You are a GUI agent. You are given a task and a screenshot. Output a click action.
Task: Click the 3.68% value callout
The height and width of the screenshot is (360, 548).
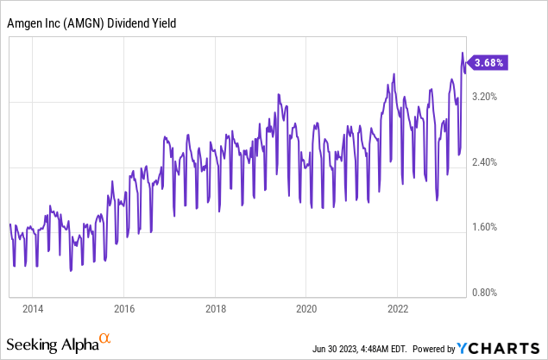489,62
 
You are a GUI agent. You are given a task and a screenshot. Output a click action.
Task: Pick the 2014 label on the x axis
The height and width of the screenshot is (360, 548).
33,308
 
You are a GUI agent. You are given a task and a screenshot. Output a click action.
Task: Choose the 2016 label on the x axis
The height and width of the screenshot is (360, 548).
124,308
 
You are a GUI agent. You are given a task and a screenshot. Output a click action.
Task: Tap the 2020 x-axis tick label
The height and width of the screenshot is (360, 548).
307,308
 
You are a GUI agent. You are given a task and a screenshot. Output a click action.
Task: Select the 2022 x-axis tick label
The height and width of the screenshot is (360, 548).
399,308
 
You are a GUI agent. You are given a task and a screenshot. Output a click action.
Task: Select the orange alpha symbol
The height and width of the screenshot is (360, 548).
106,339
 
